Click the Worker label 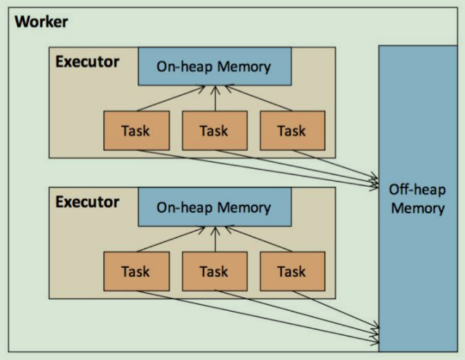point(41,22)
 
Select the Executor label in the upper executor point(87,62)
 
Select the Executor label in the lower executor point(87,202)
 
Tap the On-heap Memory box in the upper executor point(214,66)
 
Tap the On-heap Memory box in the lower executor point(214,207)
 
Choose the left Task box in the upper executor point(136,130)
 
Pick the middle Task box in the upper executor point(214,130)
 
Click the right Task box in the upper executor point(291,130)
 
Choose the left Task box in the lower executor point(136,271)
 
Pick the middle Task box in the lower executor point(214,271)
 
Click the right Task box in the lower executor point(291,271)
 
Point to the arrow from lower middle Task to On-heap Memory point(215,239)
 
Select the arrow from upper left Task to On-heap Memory point(170,98)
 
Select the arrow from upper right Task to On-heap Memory point(257,98)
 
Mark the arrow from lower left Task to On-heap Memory point(170,239)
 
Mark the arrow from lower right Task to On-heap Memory point(257,239)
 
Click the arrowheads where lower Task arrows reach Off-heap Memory point(374,330)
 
